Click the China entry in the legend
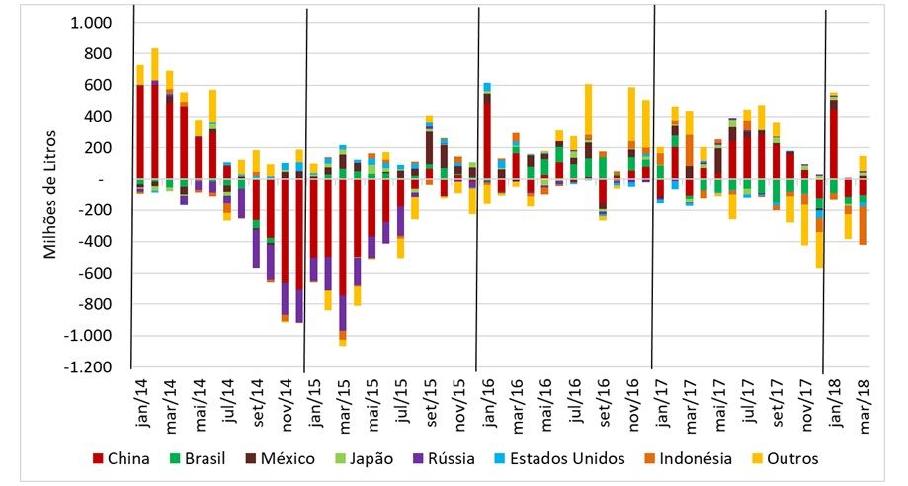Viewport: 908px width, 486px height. tap(124, 458)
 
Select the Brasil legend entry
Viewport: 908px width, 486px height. tap(208, 458)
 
